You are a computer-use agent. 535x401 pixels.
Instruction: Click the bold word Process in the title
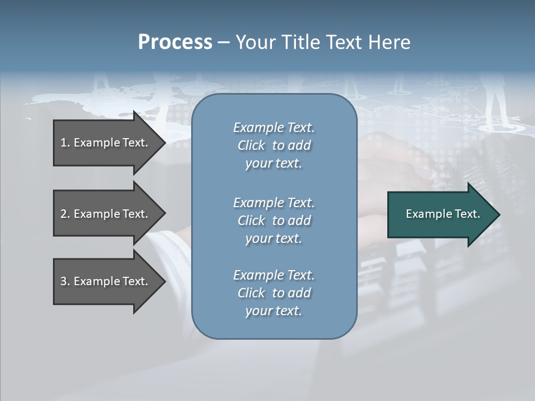tap(175, 42)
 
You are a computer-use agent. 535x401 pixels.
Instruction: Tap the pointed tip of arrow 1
tap(163, 143)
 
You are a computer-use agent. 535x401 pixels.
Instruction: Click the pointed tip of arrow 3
tap(163, 281)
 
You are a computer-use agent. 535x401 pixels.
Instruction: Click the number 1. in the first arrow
tap(65, 143)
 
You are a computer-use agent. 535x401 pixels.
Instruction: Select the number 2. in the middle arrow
tap(65, 214)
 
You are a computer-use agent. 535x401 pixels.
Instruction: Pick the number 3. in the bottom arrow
tap(65, 281)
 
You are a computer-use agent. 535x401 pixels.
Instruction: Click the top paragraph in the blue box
tap(274, 145)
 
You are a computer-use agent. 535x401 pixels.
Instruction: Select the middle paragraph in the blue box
tap(274, 221)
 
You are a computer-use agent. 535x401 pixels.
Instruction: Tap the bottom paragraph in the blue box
tap(274, 293)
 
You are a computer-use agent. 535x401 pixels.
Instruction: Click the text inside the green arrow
tap(443, 214)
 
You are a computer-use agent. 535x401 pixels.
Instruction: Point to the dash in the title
tap(223, 43)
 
